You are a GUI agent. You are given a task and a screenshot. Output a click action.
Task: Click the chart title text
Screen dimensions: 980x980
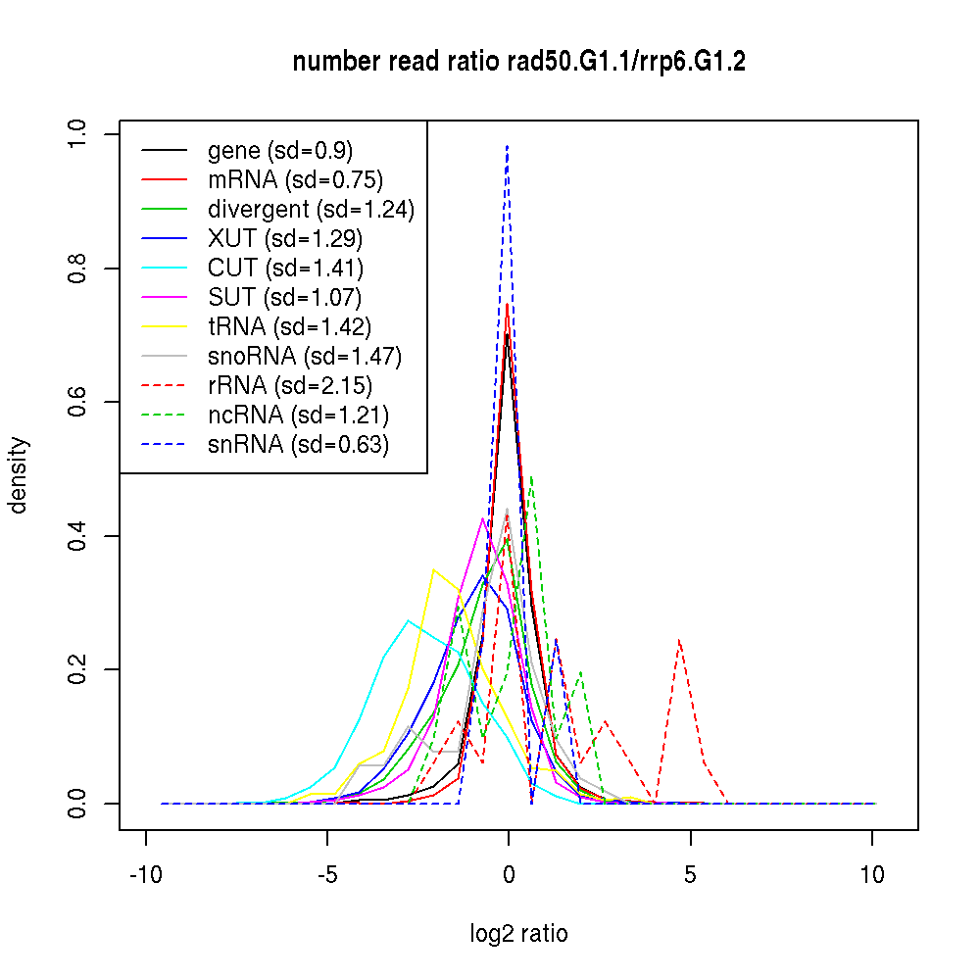click(519, 63)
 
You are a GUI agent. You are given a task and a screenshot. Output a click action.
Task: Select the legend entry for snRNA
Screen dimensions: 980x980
click(298, 444)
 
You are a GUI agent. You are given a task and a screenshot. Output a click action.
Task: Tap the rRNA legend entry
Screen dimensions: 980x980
click(290, 385)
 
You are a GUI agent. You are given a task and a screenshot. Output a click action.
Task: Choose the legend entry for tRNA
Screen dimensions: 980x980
click(289, 326)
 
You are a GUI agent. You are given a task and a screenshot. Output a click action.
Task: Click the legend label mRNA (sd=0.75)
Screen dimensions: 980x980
click(295, 179)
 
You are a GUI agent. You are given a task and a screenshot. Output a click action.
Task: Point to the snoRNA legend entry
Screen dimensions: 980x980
click(305, 356)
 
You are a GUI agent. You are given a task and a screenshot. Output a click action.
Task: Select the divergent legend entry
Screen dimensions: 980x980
click(311, 209)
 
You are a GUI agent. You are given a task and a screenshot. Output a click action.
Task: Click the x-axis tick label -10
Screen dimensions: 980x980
click(146, 875)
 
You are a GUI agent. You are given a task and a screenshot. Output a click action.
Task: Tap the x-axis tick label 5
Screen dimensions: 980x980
click(691, 875)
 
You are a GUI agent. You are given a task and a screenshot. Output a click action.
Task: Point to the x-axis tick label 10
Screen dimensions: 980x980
click(872, 875)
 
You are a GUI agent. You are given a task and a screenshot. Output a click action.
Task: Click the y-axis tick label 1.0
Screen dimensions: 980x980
click(78, 134)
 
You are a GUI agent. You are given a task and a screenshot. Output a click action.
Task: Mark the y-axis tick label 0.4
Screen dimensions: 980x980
click(78, 536)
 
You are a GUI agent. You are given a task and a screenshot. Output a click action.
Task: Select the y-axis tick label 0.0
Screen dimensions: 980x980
click(78, 804)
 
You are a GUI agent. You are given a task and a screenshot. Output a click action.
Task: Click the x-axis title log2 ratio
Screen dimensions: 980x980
click(518, 934)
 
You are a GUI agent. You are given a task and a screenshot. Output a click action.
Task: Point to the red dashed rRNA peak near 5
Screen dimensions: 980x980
click(679, 640)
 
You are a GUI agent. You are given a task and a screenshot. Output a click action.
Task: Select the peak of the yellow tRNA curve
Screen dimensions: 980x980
click(433, 569)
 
